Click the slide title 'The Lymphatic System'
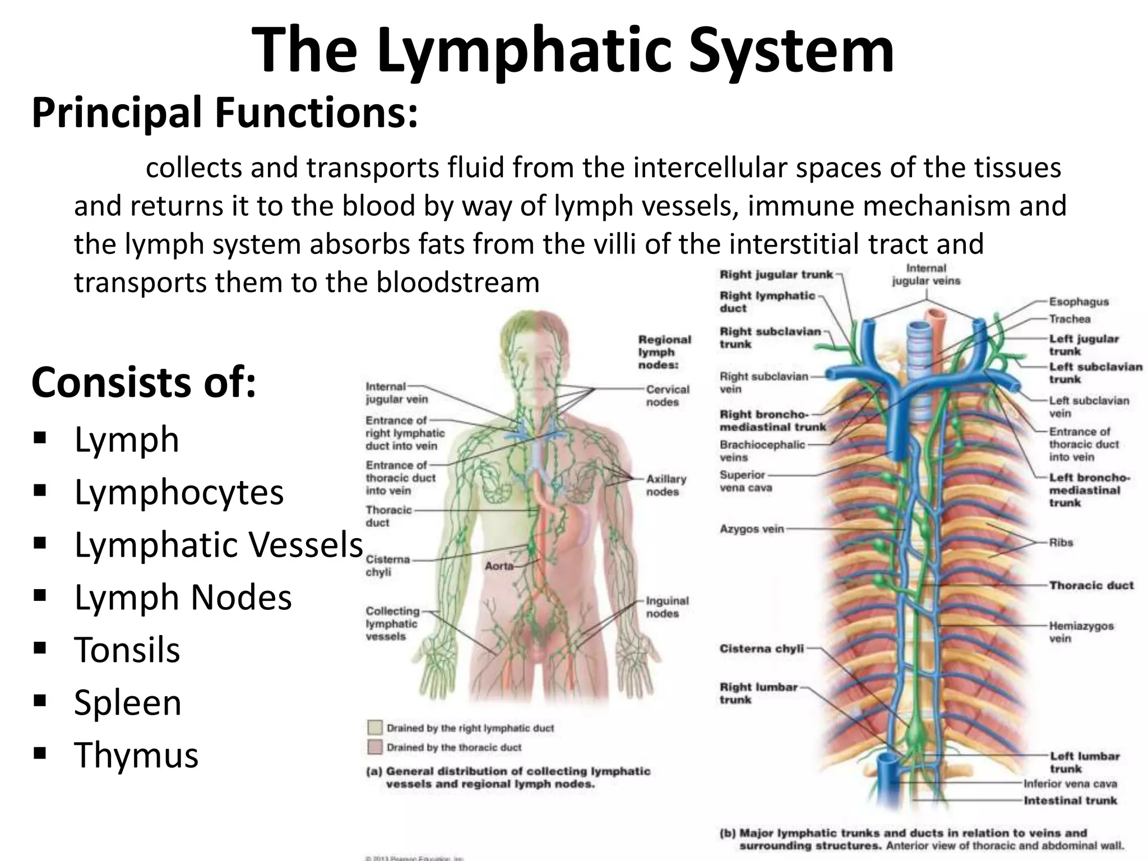[573, 50]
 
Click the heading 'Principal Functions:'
[225, 113]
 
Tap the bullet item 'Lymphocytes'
[179, 492]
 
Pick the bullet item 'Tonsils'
[127, 650]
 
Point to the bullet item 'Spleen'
[128, 702]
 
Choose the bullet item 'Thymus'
[136, 754]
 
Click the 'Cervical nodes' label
[668, 396]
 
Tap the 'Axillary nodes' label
[666, 485]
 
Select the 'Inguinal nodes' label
[667, 607]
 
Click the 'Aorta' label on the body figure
[499, 566]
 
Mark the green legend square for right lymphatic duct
[375, 728]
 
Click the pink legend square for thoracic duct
[375, 747]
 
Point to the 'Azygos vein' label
[752, 529]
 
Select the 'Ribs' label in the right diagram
[1061, 543]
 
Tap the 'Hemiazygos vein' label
[1081, 632]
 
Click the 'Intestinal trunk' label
[1070, 800]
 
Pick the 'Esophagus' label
[1078, 302]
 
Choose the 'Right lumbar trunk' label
[758, 693]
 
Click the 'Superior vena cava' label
[746, 481]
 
